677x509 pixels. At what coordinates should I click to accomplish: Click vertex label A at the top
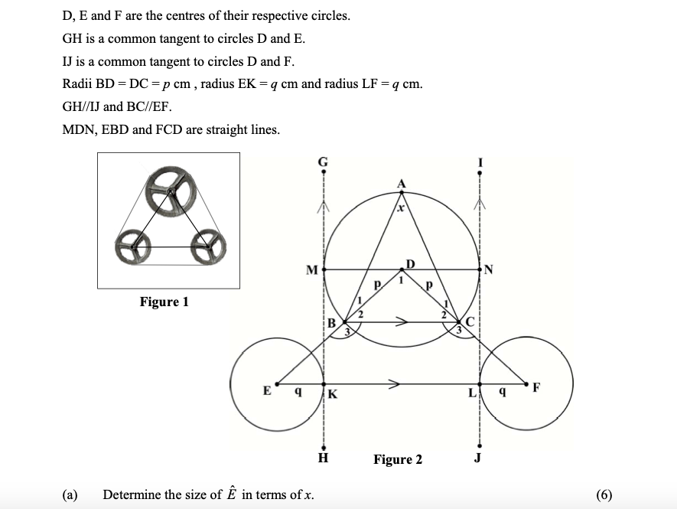point(401,184)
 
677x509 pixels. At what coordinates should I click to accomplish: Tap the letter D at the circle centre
point(411,264)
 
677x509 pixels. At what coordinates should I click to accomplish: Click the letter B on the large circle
point(331,323)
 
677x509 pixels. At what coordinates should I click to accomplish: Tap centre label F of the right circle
point(536,386)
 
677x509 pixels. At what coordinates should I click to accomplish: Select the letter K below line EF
point(333,395)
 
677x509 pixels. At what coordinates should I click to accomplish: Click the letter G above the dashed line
point(323,162)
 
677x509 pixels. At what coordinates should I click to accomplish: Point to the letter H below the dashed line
point(324,459)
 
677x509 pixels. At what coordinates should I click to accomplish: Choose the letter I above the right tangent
point(480,162)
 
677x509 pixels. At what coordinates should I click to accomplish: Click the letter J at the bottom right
point(479,459)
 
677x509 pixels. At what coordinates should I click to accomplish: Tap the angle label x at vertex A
point(399,207)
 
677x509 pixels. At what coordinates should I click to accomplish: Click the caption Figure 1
point(164,302)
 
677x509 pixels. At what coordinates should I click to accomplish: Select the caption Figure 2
point(397,459)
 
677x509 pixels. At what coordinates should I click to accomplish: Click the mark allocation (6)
point(603,494)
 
